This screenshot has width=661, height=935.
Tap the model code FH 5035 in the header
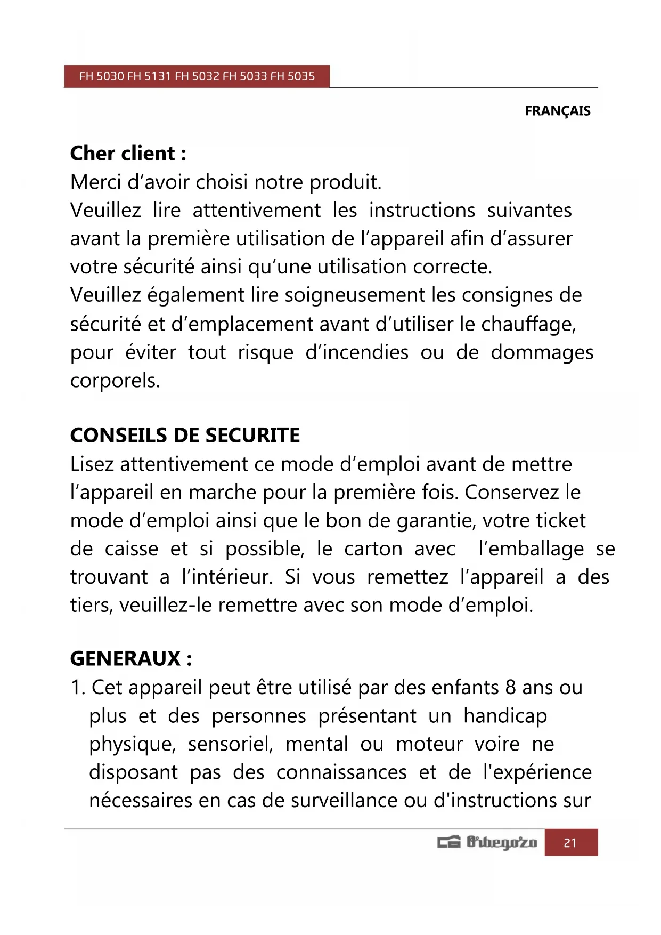[x=292, y=76]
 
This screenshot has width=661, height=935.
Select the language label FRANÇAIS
[x=558, y=111]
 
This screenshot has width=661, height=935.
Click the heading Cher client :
[x=128, y=154]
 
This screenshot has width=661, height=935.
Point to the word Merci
[x=92, y=182]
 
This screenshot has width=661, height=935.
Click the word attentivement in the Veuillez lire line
[x=256, y=211]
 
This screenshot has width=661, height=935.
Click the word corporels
[x=115, y=381]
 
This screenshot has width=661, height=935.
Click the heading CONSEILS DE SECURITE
[x=185, y=436]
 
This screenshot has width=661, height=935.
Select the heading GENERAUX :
[x=131, y=659]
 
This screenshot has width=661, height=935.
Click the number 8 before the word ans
[x=510, y=688]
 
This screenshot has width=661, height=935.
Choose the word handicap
[x=505, y=716]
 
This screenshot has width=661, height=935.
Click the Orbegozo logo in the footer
[x=487, y=843]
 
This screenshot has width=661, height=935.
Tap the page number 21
[x=570, y=843]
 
